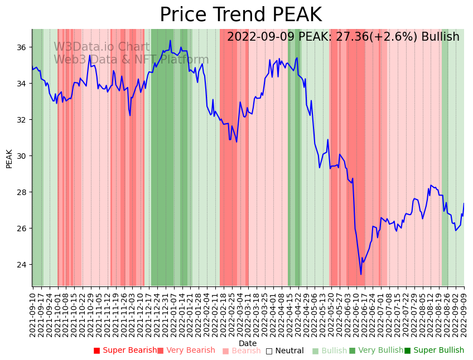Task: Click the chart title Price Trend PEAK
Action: pos(240,14)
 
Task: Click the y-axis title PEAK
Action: pos(9,158)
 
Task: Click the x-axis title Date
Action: pos(248,343)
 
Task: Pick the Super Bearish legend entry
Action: pos(126,351)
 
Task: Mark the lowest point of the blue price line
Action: pos(361,274)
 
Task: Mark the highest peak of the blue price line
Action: pos(170,40)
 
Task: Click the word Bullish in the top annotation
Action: pos(440,37)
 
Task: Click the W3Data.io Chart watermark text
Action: pos(102,47)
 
